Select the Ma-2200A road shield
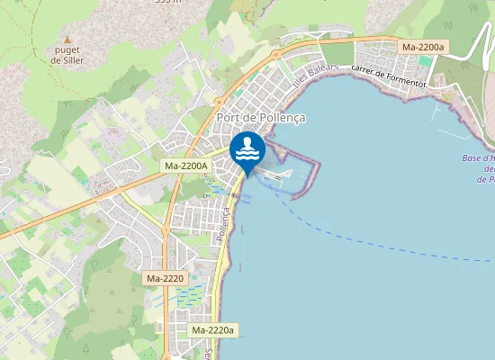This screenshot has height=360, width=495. tap(186, 166)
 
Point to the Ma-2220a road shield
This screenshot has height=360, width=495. tap(213, 330)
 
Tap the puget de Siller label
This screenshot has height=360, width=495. tap(67, 56)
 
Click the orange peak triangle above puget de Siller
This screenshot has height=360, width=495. tap(67, 40)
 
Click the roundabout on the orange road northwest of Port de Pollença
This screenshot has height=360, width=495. tap(219, 102)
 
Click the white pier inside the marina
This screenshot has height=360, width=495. tap(278, 172)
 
